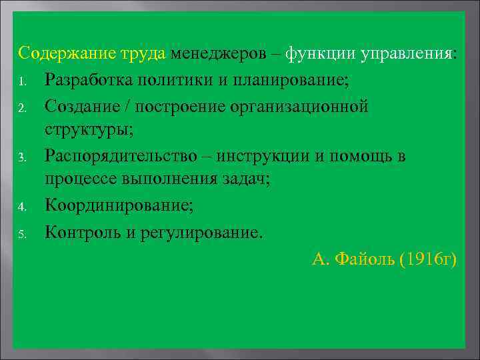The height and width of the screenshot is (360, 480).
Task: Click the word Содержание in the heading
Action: point(58,53)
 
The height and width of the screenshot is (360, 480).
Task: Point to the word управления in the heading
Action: point(406,53)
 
